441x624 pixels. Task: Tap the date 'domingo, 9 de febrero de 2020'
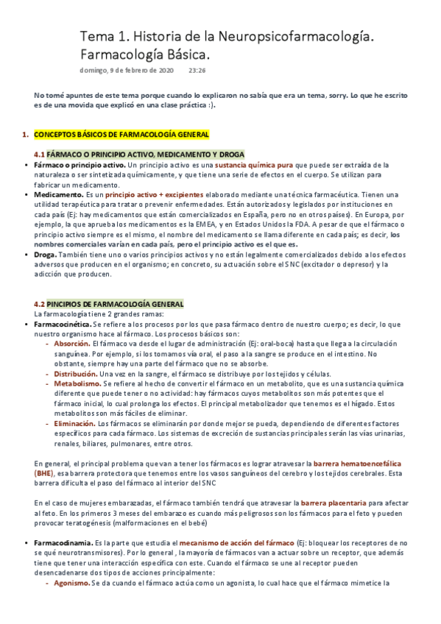click(127, 71)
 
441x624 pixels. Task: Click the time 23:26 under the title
click(197, 71)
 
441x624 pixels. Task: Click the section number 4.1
click(40, 155)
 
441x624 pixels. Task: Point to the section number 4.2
click(40, 304)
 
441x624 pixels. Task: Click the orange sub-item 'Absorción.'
click(72, 344)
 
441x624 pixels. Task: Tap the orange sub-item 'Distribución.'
click(76, 373)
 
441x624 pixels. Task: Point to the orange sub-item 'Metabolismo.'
click(77, 383)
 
